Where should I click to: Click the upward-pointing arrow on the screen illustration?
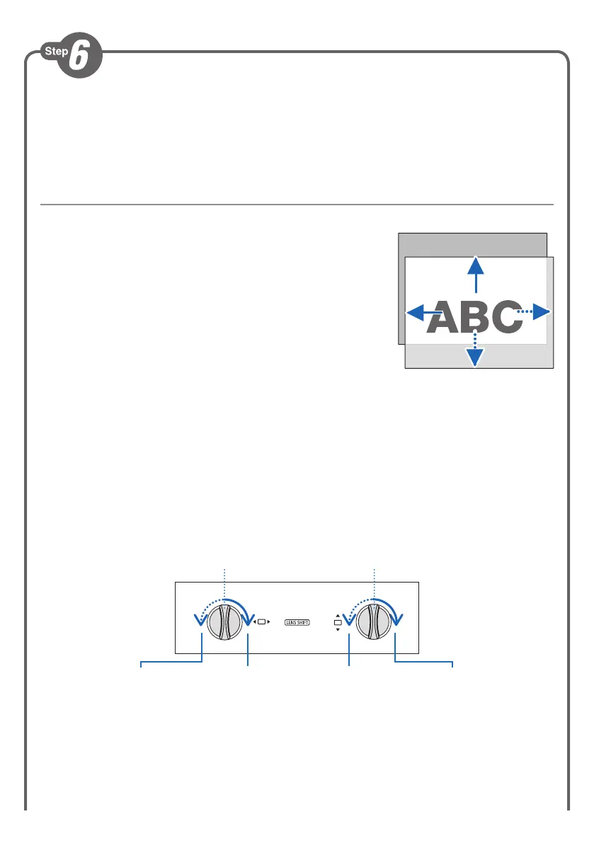click(476, 273)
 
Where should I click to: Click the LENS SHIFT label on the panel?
click(297, 623)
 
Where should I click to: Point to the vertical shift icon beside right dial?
click(338, 623)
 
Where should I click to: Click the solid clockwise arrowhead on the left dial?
click(248, 619)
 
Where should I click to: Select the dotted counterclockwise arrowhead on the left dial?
click(200, 621)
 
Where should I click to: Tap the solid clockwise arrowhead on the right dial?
click(396, 619)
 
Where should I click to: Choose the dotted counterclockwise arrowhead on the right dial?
click(348, 621)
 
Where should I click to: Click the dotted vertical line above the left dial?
click(224, 584)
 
